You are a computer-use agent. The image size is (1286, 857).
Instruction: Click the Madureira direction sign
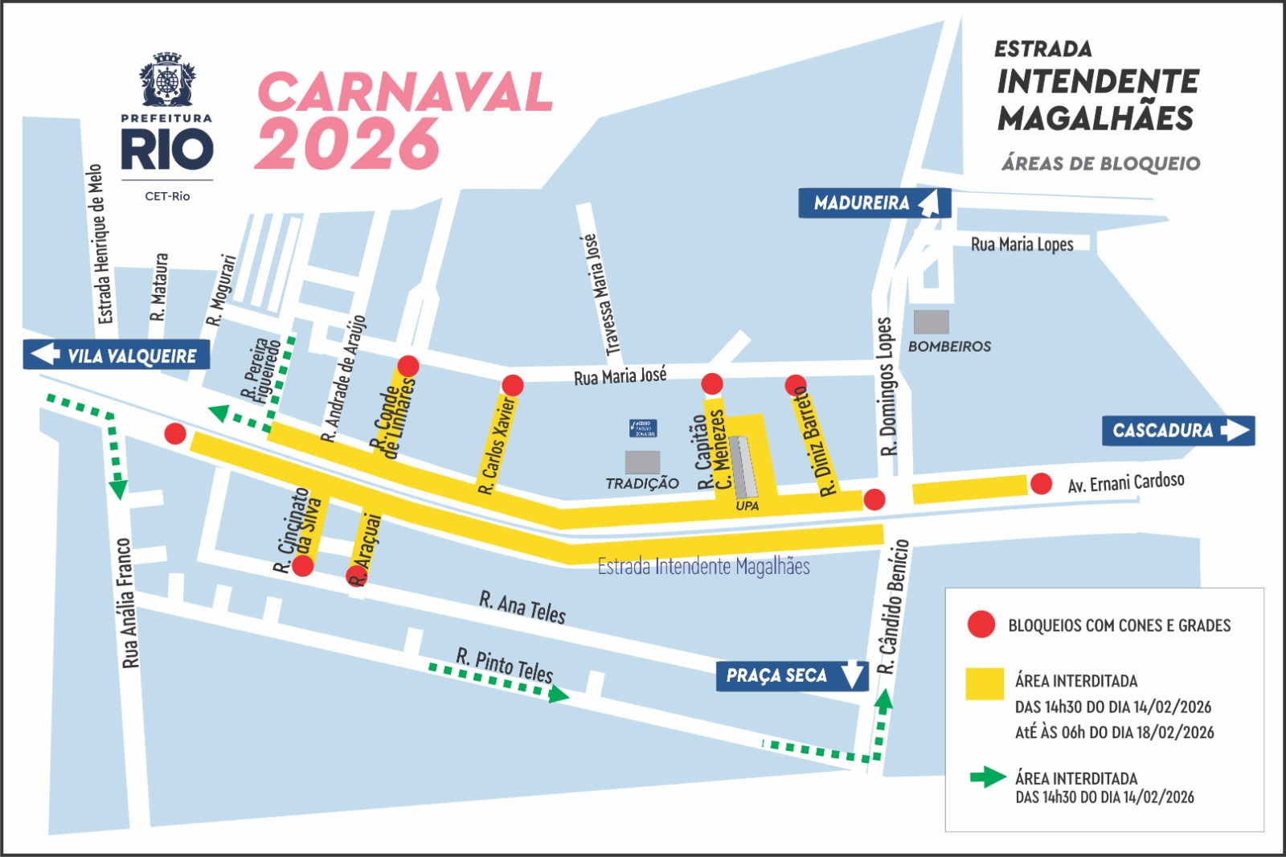coord(874,203)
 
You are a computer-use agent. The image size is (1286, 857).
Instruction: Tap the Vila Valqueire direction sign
coord(117,355)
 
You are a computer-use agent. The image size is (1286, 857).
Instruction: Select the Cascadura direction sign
coord(1177,431)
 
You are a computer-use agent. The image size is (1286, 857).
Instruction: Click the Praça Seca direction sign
coord(792,676)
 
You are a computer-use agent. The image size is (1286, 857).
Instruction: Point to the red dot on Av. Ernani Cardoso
coord(1041,484)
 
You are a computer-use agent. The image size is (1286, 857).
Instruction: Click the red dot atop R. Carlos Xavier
coord(513,385)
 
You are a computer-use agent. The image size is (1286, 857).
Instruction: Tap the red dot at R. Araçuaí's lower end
coord(356,576)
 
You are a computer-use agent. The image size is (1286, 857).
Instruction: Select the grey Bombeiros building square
coord(931,322)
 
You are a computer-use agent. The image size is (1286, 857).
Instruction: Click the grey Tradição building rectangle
coord(642,462)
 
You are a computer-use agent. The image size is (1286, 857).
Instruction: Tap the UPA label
coord(747,506)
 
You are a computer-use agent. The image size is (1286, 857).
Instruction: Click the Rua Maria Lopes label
coord(1022,244)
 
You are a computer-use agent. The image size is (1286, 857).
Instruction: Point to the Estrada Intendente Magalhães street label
coord(703,567)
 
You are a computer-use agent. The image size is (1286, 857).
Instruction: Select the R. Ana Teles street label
coord(522,607)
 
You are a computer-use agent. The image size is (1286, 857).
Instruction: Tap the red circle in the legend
coord(981,625)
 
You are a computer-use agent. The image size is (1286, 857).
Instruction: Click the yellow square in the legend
coord(984,684)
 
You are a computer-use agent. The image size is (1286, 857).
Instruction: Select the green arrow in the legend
coord(988,777)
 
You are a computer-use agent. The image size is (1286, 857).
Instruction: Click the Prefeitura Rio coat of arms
coord(167,80)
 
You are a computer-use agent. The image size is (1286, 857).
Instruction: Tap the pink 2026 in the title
coord(347,144)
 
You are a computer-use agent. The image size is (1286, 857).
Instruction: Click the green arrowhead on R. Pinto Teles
coord(559,695)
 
